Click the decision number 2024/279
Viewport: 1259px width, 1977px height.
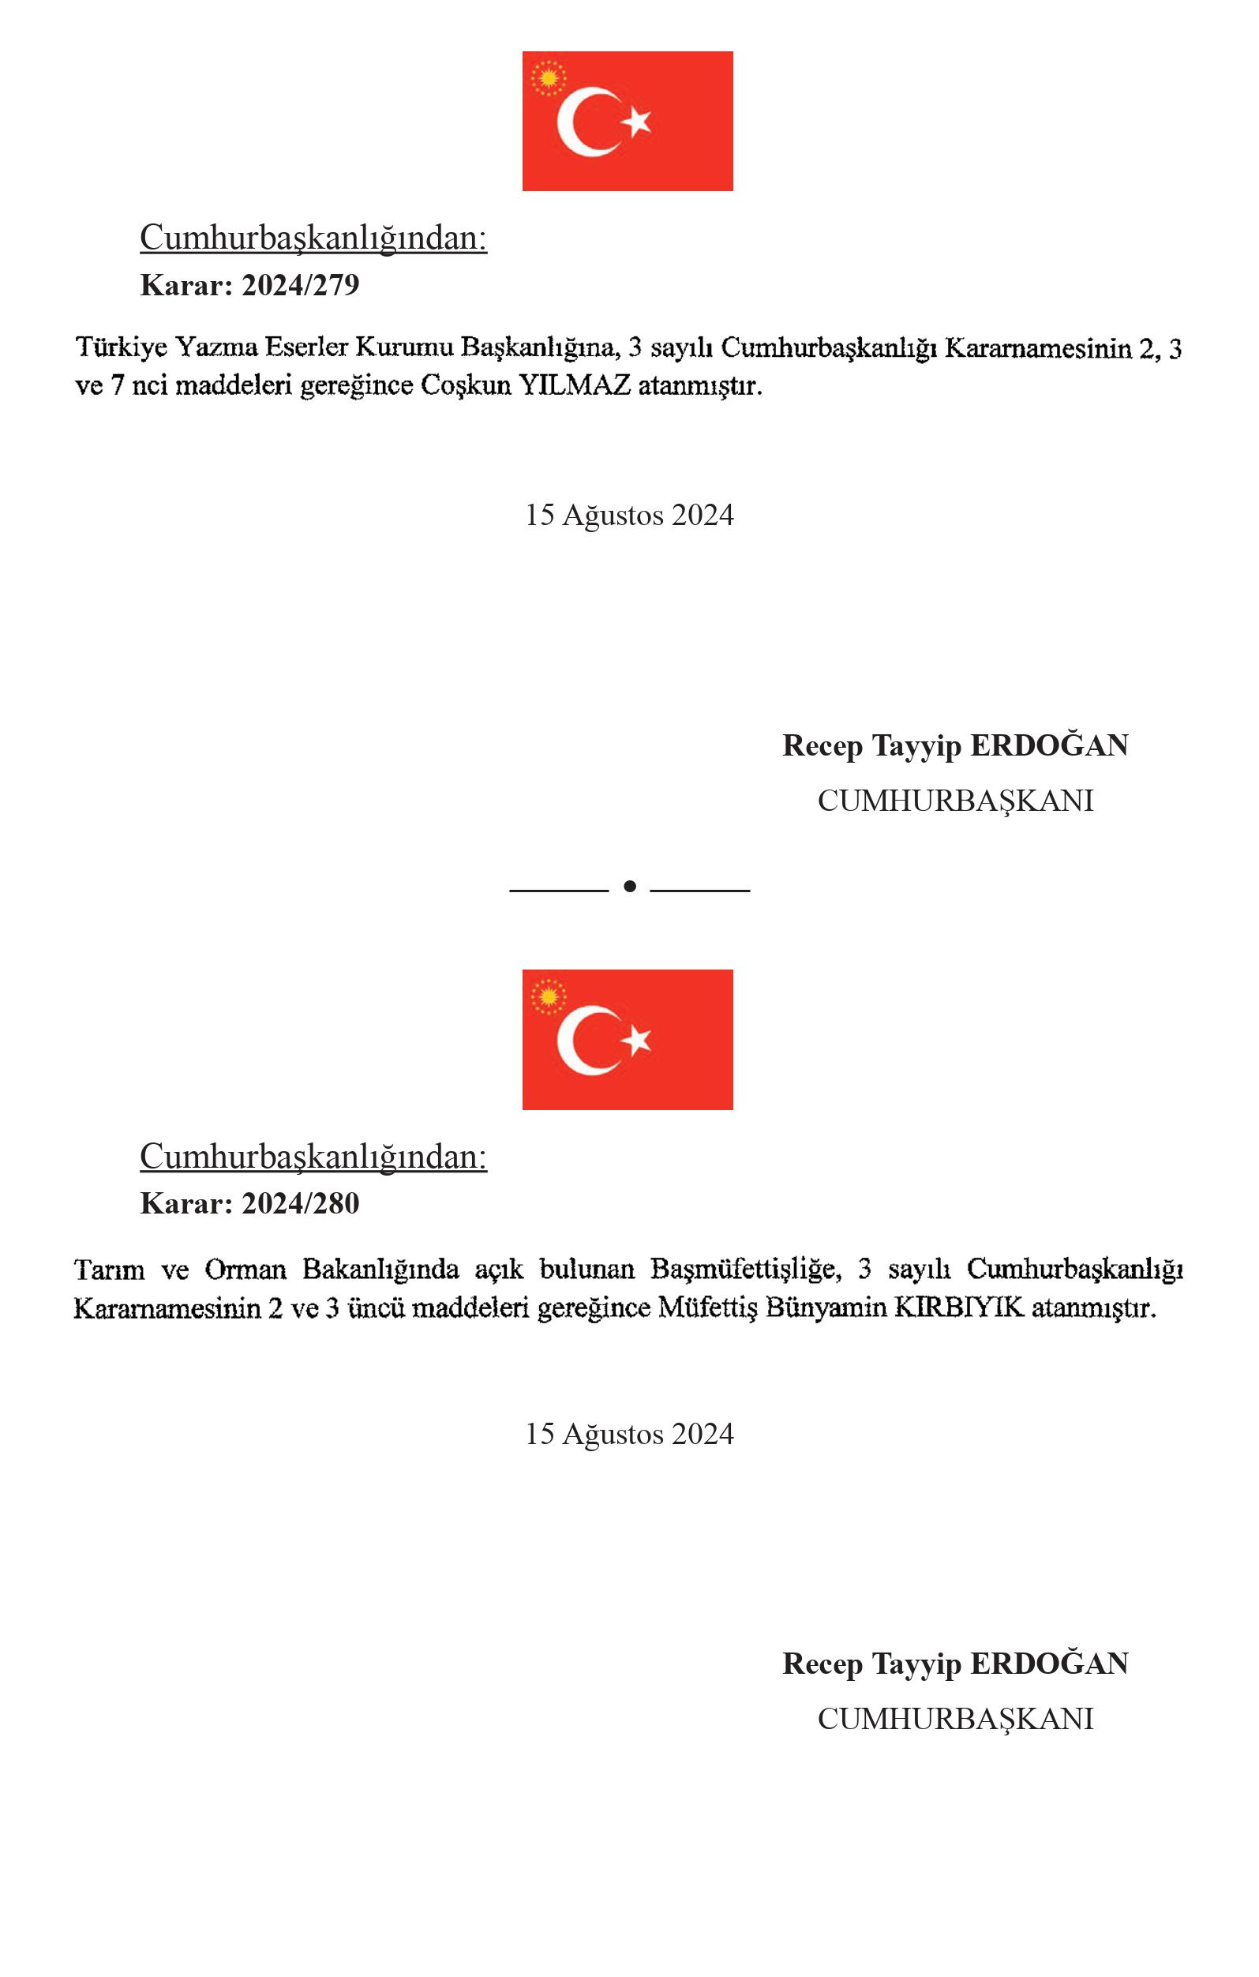(x=301, y=285)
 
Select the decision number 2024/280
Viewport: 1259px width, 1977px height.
(x=301, y=1203)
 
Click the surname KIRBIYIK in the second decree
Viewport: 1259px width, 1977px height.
(x=957, y=1307)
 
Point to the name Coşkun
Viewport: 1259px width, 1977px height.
(x=466, y=385)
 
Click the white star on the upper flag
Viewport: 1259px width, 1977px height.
(x=636, y=122)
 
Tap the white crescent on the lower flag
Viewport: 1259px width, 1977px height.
(x=583, y=1041)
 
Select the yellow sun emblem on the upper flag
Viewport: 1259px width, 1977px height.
(x=549, y=79)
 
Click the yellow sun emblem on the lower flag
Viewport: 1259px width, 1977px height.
(x=549, y=997)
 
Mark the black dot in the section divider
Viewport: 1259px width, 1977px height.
(x=630, y=887)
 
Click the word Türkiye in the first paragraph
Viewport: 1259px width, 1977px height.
(x=121, y=347)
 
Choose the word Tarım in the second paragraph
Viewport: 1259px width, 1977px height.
(x=109, y=1270)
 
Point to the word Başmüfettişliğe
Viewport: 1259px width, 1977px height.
(x=745, y=1270)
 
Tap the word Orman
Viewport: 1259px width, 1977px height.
(x=245, y=1270)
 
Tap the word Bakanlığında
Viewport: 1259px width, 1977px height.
(x=380, y=1270)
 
